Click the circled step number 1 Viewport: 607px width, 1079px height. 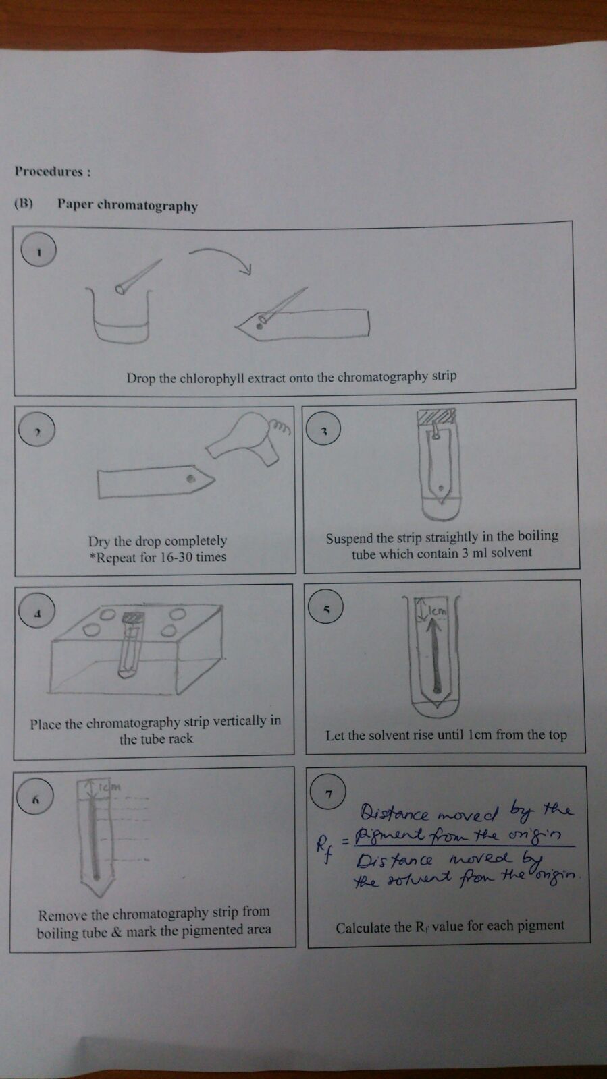[x=38, y=251]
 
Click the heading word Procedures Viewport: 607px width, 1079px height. [x=49, y=171]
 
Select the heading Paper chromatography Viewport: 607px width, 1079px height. [x=127, y=205]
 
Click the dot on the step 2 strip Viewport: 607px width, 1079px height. [x=191, y=478]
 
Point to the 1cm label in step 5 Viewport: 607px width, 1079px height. [x=438, y=611]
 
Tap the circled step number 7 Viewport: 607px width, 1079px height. [x=328, y=793]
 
